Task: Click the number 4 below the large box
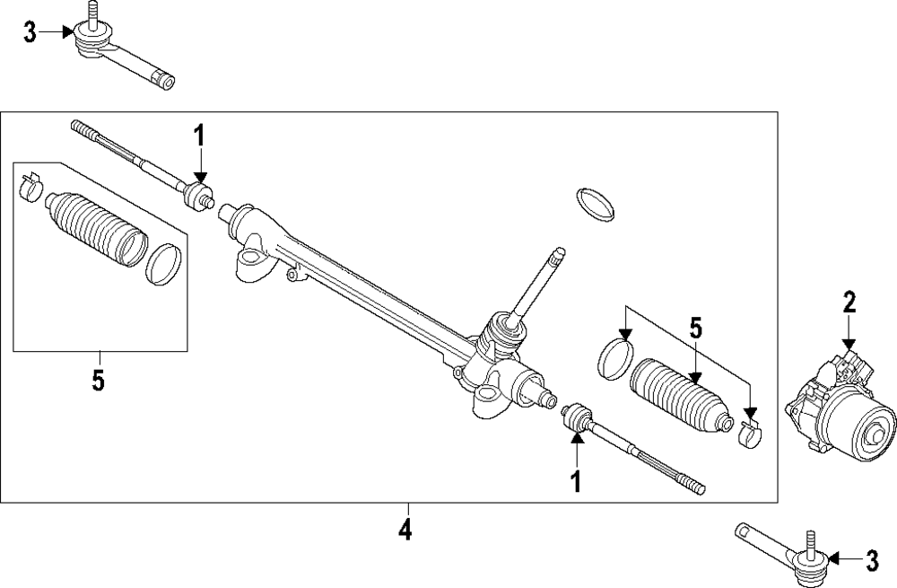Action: [x=405, y=530]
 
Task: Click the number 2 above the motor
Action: [x=849, y=303]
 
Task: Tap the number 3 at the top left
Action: [x=30, y=33]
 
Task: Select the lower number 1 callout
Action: [x=575, y=481]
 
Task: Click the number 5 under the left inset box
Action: [x=98, y=380]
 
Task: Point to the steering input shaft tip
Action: [x=557, y=255]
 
